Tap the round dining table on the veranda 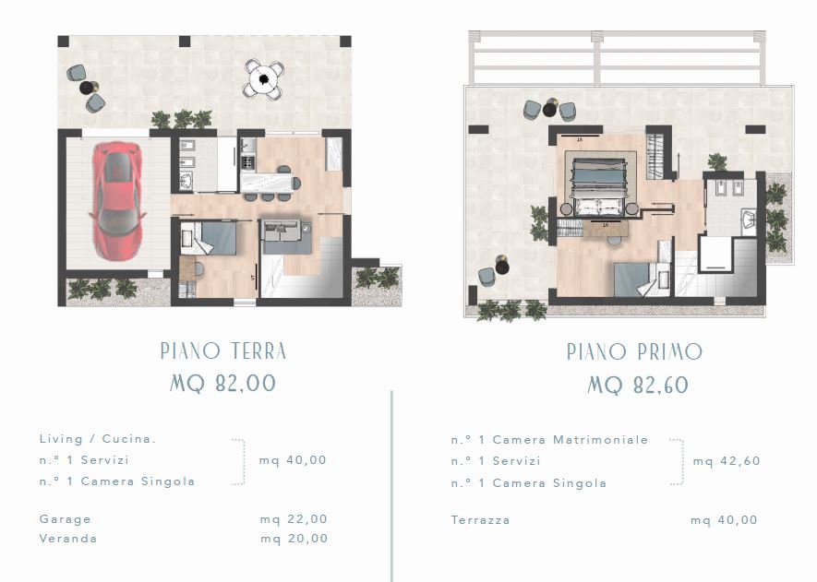tap(264, 79)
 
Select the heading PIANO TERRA tap(223, 350)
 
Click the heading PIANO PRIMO tap(634, 352)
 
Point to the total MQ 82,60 tap(638, 386)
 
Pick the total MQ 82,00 tap(222, 384)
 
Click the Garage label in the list tap(66, 519)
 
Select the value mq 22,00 tap(294, 519)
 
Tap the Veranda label tap(68, 539)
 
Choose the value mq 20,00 tap(294, 539)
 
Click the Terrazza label tap(480, 519)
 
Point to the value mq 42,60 tap(727, 461)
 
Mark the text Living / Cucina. tap(98, 439)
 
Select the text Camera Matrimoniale tap(570, 440)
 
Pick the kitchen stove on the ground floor tap(247, 163)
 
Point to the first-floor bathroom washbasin tap(748, 220)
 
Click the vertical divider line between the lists tap(391, 486)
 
